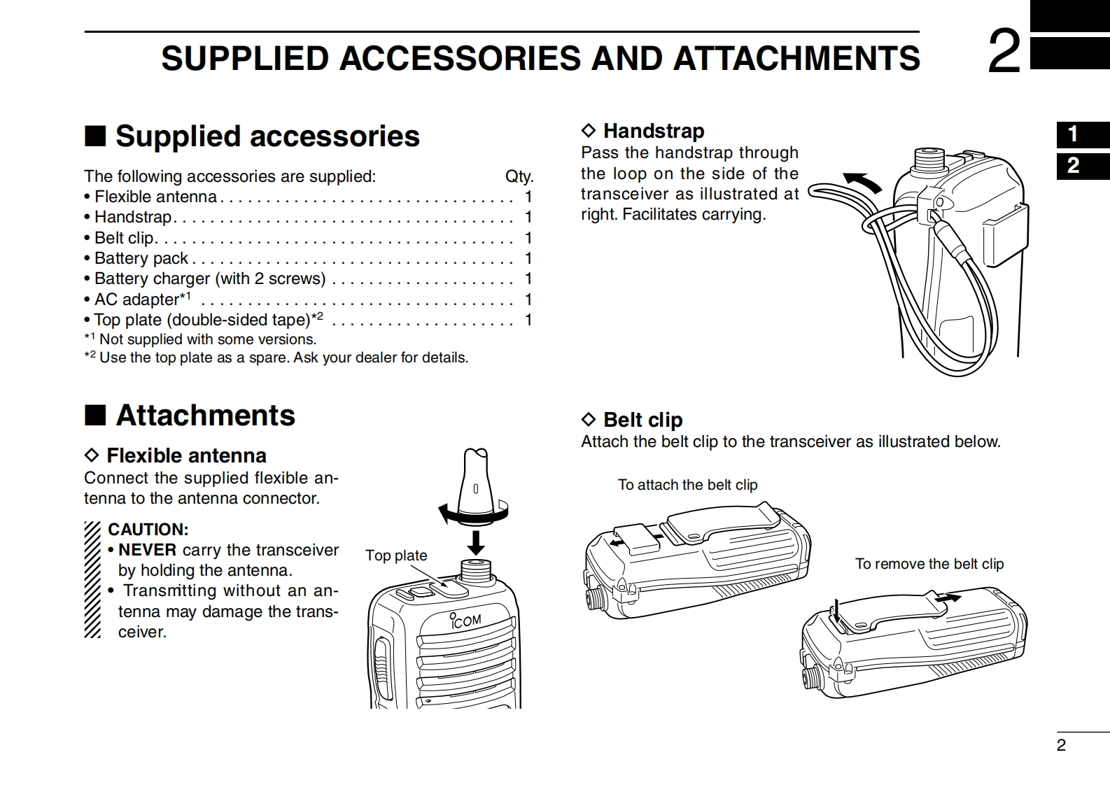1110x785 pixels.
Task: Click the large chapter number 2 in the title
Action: [x=1004, y=52]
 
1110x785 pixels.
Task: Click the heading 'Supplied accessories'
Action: [x=267, y=136]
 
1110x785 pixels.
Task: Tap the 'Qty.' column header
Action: [x=519, y=176]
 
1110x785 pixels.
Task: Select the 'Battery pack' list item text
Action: [x=141, y=258]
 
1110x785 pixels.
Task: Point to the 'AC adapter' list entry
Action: [x=139, y=299]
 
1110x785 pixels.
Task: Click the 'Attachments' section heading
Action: [x=205, y=415]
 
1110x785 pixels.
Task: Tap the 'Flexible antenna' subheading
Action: [x=186, y=455]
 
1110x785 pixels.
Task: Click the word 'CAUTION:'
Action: [x=148, y=530]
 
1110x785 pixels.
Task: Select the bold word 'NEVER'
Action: [x=147, y=550]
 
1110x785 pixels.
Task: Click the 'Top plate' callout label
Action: [x=396, y=555]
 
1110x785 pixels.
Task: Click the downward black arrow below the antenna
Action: [x=476, y=542]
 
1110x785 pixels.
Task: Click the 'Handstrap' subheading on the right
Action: [x=653, y=131]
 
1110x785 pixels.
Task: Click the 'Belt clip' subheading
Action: [x=642, y=420]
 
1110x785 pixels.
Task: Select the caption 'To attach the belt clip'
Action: [x=687, y=485]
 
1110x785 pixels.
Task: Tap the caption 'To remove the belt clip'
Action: [x=929, y=564]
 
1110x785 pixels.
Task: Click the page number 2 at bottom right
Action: [x=1061, y=745]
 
